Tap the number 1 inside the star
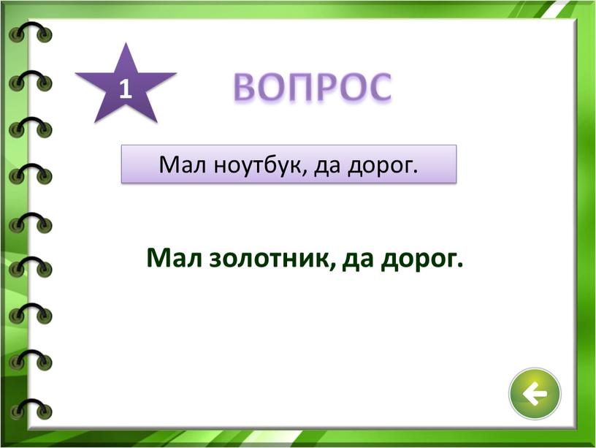[126, 89]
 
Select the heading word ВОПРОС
[313, 88]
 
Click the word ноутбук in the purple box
[259, 164]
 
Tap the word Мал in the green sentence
[174, 257]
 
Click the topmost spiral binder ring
[31, 32]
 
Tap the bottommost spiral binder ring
[31, 409]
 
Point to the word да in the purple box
[327, 166]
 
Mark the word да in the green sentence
[357, 259]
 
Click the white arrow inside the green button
[534, 394]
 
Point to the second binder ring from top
[31, 80]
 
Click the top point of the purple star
[126, 43]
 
